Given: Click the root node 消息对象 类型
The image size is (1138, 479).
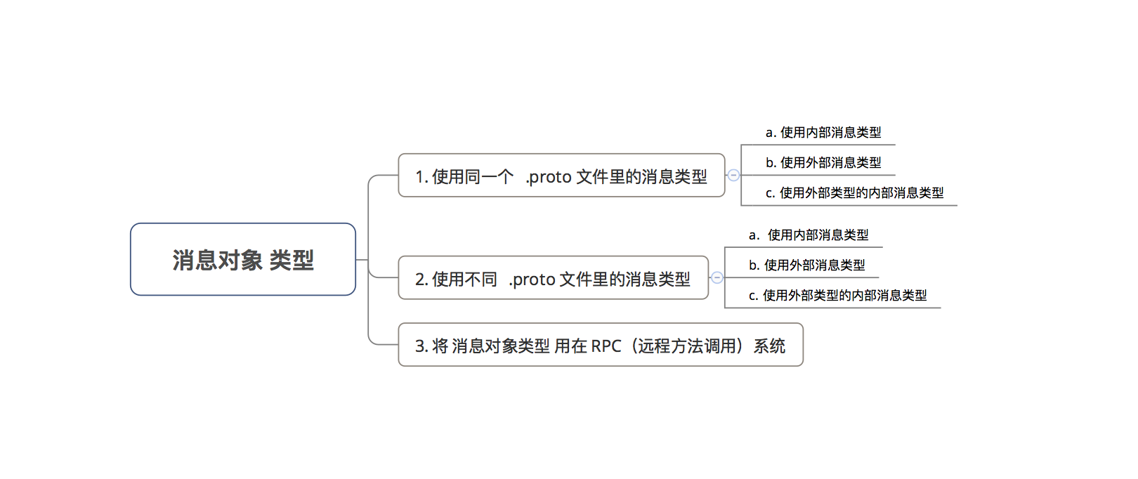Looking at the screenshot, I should [243, 260].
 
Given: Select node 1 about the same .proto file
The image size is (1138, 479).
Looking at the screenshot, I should [561, 176].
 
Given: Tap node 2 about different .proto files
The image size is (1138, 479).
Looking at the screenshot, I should [552, 279].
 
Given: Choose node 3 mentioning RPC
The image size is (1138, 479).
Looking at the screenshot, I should [600, 346].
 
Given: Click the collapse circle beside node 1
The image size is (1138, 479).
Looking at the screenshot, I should [733, 175].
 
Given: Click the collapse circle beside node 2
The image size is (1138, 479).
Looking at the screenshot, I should [717, 277].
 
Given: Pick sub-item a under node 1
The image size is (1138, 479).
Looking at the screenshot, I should [823, 133].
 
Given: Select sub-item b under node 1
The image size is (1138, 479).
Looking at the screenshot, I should [823, 163].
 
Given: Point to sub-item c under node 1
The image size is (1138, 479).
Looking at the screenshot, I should [854, 193].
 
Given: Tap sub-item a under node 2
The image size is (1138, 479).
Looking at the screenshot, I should [809, 235].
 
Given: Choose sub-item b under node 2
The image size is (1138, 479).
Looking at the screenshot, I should [806, 265].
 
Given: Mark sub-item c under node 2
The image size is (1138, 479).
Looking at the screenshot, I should [837, 296].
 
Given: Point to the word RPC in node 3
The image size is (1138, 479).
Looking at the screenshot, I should [606, 346].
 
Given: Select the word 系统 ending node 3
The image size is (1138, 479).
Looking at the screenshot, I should [769, 346].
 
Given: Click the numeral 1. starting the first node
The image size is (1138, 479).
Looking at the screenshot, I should [421, 177].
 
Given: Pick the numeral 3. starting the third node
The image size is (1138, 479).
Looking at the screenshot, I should [421, 346].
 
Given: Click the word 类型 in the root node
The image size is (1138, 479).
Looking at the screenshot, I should [292, 261].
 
